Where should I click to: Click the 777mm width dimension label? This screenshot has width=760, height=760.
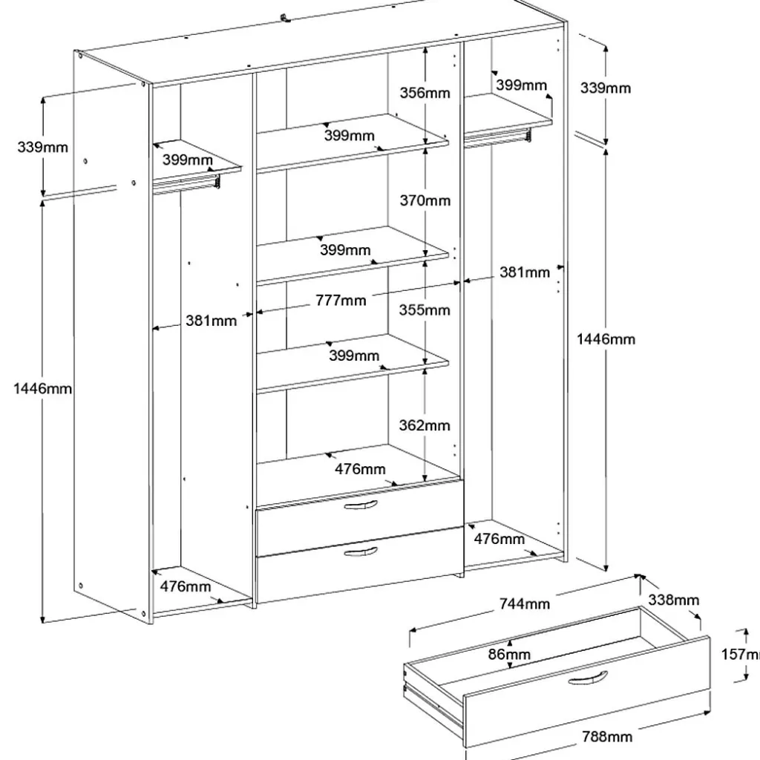pyautogui.click(x=340, y=301)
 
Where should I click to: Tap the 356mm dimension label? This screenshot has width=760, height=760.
pyautogui.click(x=425, y=93)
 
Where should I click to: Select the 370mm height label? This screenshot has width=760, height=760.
pyautogui.click(x=425, y=200)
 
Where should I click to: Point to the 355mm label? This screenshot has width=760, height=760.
pyautogui.click(x=425, y=310)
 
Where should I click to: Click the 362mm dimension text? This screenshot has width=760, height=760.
pyautogui.click(x=425, y=426)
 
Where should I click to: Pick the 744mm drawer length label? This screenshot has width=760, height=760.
pyautogui.click(x=525, y=604)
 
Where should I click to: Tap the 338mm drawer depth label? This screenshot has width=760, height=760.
pyautogui.click(x=674, y=600)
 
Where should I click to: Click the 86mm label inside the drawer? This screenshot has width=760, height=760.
pyautogui.click(x=510, y=655)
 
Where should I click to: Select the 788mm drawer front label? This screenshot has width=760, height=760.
pyautogui.click(x=607, y=737)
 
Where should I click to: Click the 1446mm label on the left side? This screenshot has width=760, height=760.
pyautogui.click(x=42, y=388)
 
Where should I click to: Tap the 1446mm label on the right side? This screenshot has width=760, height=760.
pyautogui.click(x=606, y=339)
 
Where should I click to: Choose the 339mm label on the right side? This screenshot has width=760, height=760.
pyautogui.click(x=606, y=88)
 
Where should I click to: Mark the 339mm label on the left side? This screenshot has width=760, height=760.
pyautogui.click(x=42, y=147)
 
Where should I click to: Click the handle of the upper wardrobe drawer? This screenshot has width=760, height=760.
pyautogui.click(x=361, y=505)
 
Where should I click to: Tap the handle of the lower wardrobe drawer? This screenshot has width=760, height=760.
pyautogui.click(x=361, y=551)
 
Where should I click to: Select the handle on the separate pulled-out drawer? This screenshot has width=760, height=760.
pyautogui.click(x=589, y=679)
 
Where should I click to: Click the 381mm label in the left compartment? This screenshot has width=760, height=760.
pyautogui.click(x=211, y=321)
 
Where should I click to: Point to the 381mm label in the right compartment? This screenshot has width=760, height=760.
pyautogui.click(x=524, y=272)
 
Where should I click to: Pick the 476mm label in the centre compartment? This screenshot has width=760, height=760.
pyautogui.click(x=360, y=468)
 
